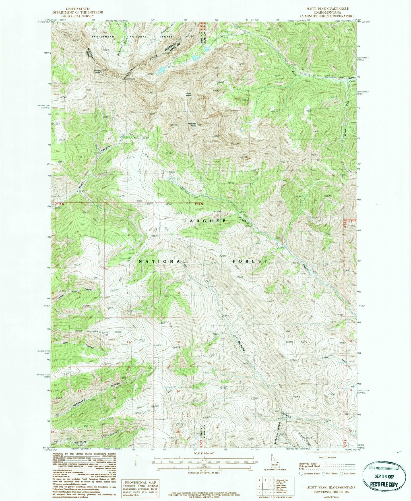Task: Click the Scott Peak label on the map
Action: click(x=189, y=95)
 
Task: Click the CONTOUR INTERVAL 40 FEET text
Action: click(x=204, y=473)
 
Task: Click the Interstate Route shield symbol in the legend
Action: click(x=301, y=474)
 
